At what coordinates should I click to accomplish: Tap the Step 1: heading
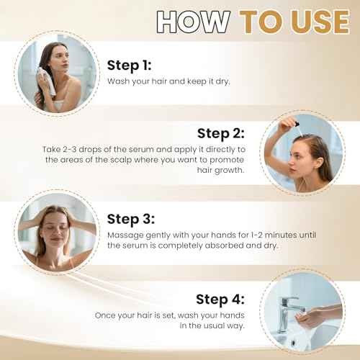point(131,66)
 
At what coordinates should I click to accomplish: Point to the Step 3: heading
point(131,219)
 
